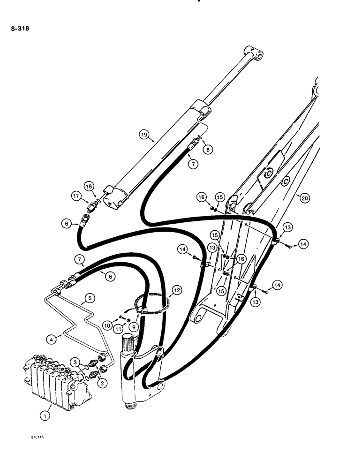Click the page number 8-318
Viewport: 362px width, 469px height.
[x=19, y=28]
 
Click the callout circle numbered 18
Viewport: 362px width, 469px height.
[x=89, y=187]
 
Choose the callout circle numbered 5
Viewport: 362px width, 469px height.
[x=89, y=297]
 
